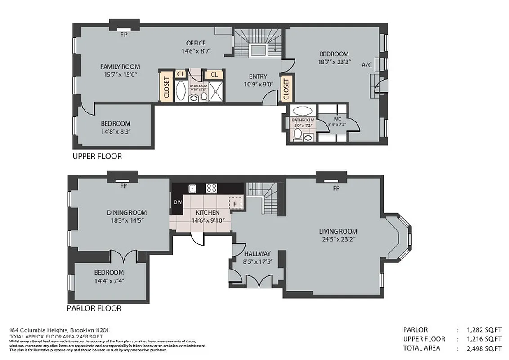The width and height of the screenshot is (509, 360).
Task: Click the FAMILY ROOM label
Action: click(120, 67)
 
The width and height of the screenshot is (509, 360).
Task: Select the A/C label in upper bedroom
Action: click(366, 65)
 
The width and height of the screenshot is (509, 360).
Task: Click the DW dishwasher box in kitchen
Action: click(178, 202)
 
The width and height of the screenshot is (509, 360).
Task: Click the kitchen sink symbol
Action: click(192, 189)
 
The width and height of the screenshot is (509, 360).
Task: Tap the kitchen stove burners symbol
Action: click(211, 188)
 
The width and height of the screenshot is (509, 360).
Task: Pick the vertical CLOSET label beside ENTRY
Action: click(286, 89)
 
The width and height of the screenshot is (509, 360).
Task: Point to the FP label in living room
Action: click(335, 189)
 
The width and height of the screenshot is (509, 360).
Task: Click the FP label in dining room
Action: click(123, 185)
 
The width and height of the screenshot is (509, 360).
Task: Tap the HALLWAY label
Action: click(257, 253)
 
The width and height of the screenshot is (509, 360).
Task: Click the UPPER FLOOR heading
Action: click(97, 157)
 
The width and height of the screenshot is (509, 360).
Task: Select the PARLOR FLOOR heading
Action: click(94, 308)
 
